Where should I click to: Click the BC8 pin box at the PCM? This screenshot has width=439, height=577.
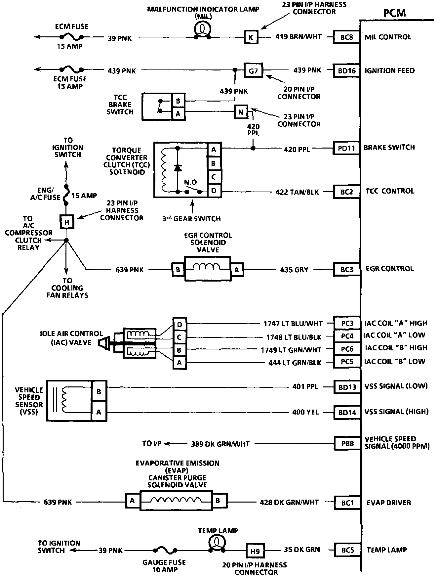click(346, 37)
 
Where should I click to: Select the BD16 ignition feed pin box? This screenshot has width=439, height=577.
click(346, 70)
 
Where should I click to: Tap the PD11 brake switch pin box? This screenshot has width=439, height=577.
click(346, 148)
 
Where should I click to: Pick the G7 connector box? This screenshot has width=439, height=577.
click(253, 70)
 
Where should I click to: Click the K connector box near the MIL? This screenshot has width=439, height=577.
click(251, 37)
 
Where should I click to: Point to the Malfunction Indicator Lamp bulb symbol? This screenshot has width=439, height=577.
click(202, 29)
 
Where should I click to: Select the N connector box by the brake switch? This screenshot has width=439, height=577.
click(241, 112)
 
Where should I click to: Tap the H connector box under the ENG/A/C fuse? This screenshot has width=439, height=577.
click(66, 222)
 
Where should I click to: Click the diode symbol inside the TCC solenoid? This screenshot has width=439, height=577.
click(178, 168)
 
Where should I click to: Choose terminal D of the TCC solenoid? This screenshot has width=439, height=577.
click(214, 191)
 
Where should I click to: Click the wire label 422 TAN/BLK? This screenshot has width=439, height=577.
click(297, 192)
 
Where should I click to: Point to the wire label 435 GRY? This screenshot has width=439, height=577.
click(294, 270)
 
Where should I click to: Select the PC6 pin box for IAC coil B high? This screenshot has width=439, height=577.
click(347, 349)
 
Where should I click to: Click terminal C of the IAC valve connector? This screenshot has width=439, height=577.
click(180, 337)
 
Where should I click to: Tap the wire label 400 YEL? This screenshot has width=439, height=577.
click(305, 412)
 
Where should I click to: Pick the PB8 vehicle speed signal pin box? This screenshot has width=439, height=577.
click(347, 444)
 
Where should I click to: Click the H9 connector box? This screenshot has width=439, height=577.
click(255, 552)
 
